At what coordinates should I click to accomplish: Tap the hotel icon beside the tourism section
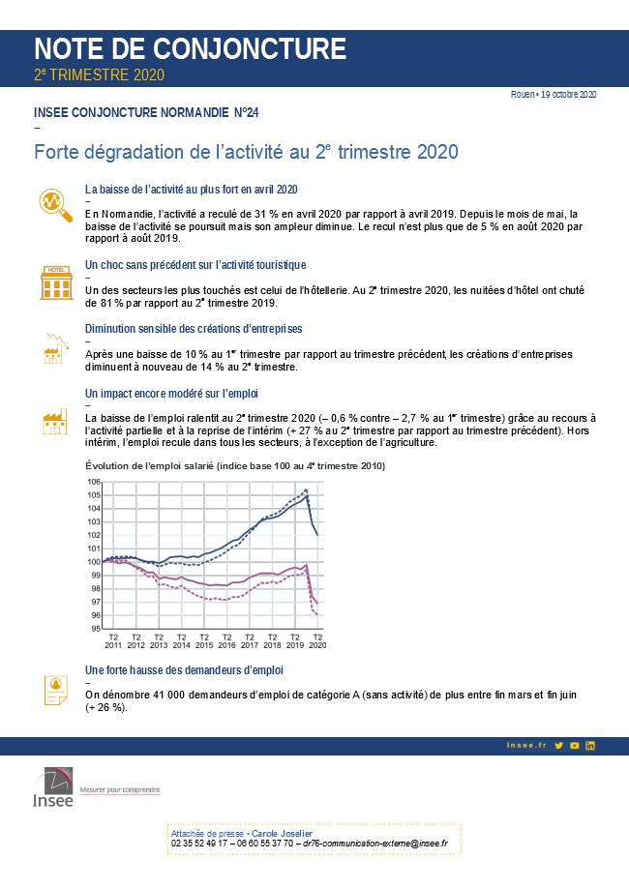click(56, 282)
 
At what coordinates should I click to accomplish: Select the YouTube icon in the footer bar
click(575, 745)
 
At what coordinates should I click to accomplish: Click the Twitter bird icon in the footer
click(559, 745)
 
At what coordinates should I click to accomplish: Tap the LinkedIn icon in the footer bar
click(590, 745)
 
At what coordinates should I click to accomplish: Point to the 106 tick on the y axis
click(95, 482)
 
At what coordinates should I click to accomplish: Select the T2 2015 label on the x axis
click(204, 640)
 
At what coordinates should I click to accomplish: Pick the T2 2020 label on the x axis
click(317, 640)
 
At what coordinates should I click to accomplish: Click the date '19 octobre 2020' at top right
click(569, 94)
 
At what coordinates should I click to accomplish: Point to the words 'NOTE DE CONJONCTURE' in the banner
click(190, 48)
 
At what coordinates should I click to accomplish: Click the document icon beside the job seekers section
click(55, 689)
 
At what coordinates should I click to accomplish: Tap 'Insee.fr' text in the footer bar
click(526, 745)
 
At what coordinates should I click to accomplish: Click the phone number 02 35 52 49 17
click(202, 844)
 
